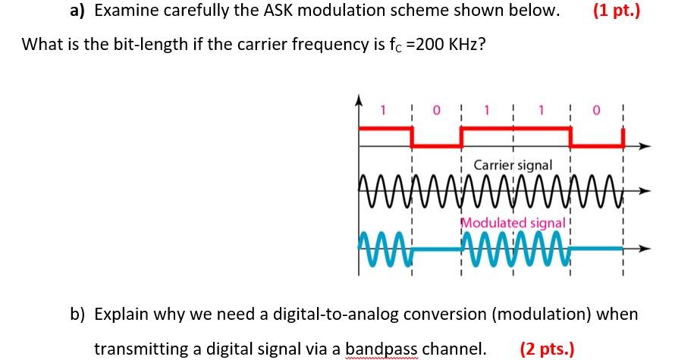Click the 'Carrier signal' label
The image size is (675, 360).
pyautogui.click(x=513, y=164)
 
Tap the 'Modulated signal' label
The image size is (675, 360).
pyautogui.click(x=513, y=223)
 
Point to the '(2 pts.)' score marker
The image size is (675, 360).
pyautogui.click(x=547, y=349)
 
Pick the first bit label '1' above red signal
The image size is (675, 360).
pyautogui.click(x=384, y=111)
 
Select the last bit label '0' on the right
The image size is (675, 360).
pyautogui.click(x=597, y=111)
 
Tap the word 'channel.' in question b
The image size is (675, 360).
pyautogui.click(x=454, y=349)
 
